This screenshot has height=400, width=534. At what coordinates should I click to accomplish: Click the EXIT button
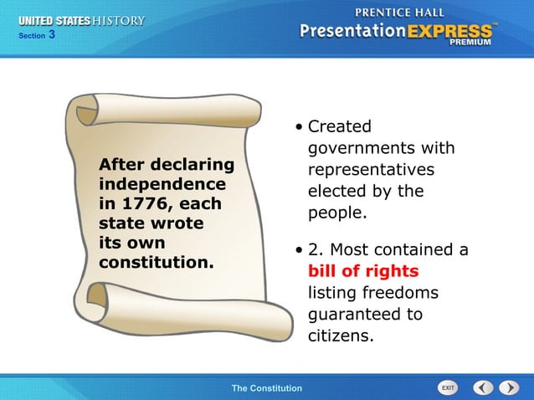(448, 387)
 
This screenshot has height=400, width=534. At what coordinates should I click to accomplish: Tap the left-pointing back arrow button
(483, 387)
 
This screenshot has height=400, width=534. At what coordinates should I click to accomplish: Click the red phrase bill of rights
(362, 271)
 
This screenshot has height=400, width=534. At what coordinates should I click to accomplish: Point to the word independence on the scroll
(162, 183)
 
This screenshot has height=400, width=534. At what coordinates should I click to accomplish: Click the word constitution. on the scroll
(157, 263)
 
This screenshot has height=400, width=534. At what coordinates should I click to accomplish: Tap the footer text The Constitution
(266, 388)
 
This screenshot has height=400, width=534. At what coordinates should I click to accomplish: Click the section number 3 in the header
(51, 34)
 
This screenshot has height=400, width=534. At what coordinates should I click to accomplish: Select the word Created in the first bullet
(339, 127)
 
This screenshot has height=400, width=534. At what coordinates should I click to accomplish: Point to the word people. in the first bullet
(337, 213)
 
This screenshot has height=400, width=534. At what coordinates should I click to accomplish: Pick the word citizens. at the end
(340, 336)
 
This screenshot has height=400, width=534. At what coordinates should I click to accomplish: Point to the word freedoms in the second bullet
(373, 293)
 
